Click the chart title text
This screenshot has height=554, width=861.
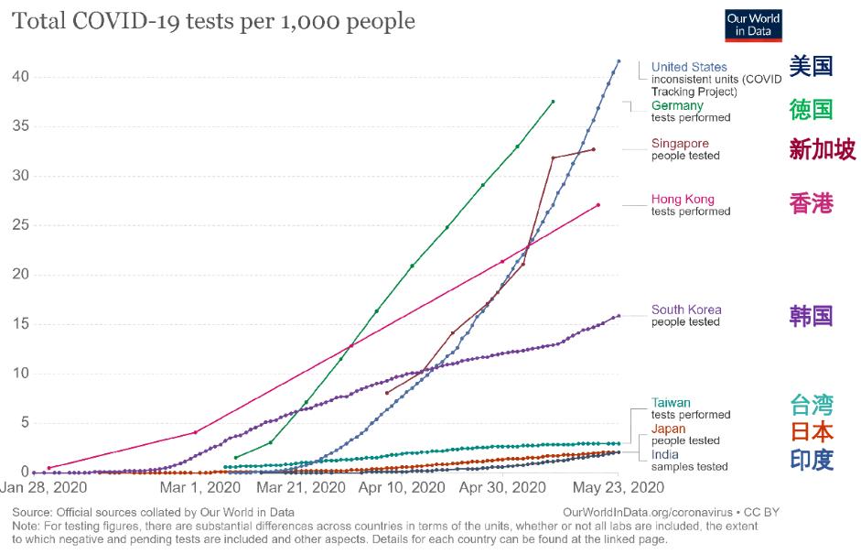[213, 21]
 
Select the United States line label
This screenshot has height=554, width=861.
[689, 67]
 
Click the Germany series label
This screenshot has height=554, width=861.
[677, 105]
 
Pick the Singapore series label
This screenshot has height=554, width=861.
[680, 144]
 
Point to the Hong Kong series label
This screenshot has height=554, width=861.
[683, 200]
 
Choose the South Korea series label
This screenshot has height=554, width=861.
[686, 310]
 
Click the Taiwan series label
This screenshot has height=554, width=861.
[671, 403]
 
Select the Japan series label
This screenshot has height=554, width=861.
[669, 429]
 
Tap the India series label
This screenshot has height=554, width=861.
[665, 454]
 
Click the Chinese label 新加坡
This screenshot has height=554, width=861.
[822, 149]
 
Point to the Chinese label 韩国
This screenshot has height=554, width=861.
[811, 316]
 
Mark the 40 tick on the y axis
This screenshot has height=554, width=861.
[20, 77]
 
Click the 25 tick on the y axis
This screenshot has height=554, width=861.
[20, 225]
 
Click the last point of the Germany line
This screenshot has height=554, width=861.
[553, 102]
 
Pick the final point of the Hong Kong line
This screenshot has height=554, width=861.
[598, 205]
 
